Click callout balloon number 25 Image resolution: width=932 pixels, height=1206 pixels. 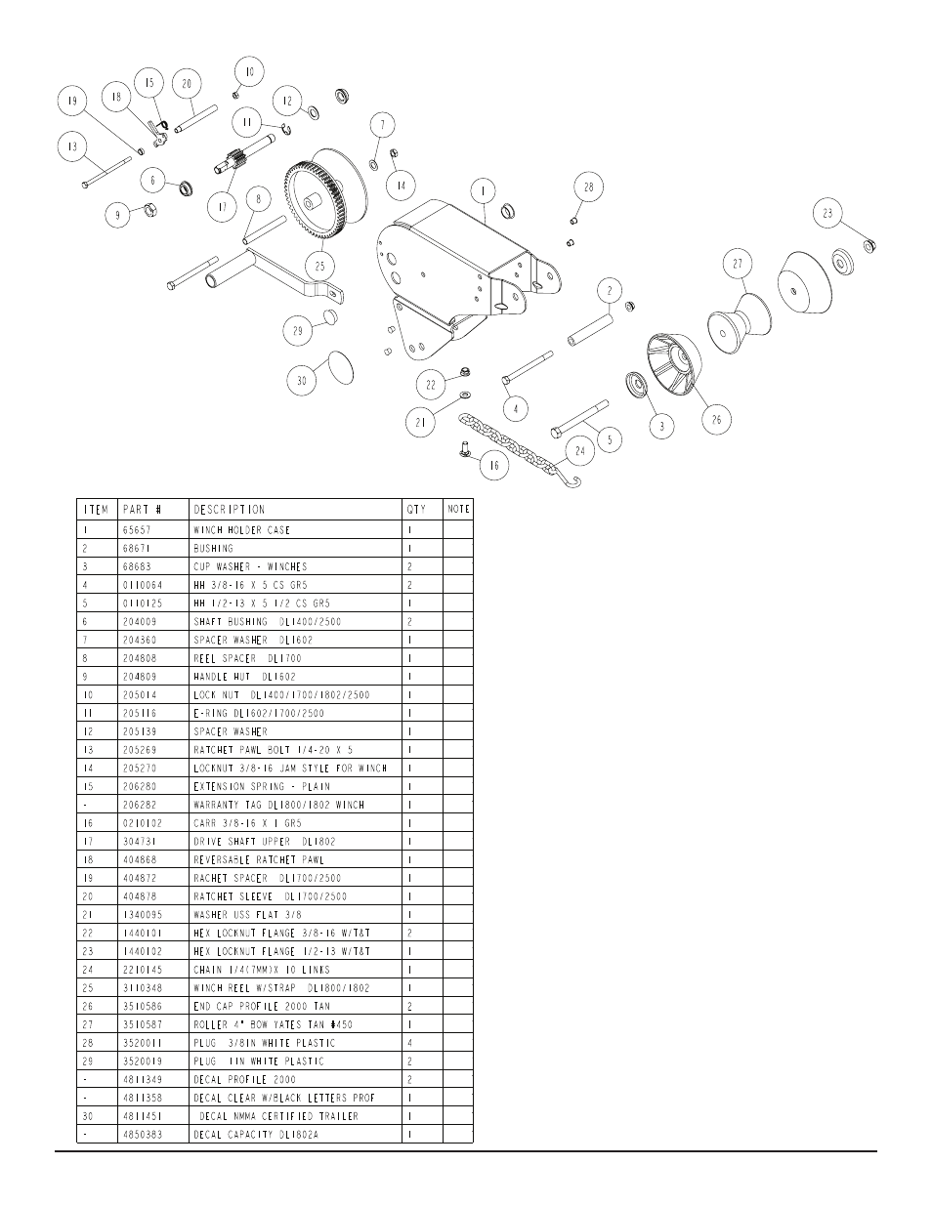click(x=319, y=266)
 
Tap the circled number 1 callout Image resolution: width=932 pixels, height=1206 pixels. click(x=484, y=191)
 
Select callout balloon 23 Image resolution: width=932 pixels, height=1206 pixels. click(x=827, y=213)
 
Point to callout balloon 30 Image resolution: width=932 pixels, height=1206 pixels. click(x=302, y=381)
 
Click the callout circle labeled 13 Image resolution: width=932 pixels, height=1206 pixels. click(x=72, y=147)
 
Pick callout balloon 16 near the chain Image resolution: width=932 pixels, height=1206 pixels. click(x=494, y=465)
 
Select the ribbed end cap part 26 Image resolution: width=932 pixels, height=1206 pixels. click(x=674, y=364)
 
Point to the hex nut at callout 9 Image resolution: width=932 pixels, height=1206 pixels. click(x=150, y=210)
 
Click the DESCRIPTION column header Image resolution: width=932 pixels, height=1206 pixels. click(x=230, y=510)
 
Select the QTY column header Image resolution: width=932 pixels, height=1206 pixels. click(x=416, y=510)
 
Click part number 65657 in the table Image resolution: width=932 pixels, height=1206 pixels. click(x=137, y=530)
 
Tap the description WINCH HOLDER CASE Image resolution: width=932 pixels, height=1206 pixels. click(x=241, y=530)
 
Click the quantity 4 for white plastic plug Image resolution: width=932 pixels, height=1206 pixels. click(x=410, y=1043)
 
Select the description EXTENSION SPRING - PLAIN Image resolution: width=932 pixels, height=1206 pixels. click(x=262, y=786)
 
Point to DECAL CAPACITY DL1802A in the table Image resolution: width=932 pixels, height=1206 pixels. click(x=256, y=1135)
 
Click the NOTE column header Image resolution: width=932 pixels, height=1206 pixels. click(x=458, y=509)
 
